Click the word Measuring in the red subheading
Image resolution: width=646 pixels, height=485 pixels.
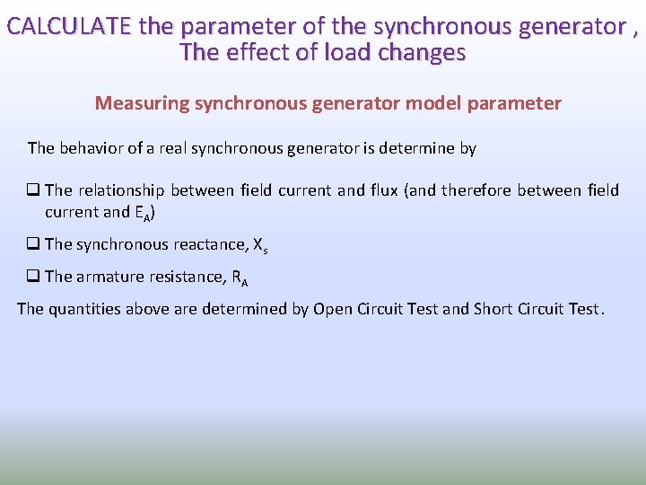pyautogui.click(x=138, y=103)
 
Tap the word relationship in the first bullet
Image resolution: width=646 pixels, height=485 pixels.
pyautogui.click(x=121, y=190)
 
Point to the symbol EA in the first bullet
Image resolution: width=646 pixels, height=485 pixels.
pyautogui.click(x=141, y=213)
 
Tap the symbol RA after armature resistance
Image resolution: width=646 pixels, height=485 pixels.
pyautogui.click(x=240, y=278)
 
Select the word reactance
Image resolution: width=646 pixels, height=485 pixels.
pyautogui.click(x=209, y=244)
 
